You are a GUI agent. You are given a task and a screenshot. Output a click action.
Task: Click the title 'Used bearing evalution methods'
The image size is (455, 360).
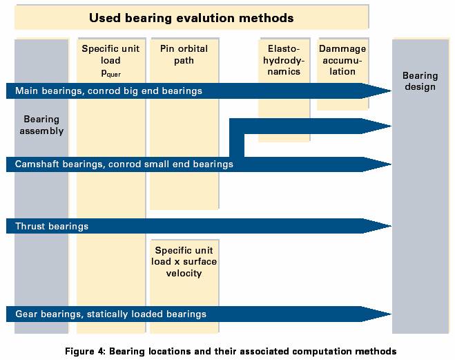click(x=191, y=18)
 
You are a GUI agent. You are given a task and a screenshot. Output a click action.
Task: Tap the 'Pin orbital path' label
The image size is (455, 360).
click(x=184, y=55)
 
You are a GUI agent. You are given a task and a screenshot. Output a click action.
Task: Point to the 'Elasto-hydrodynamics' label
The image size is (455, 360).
click(x=284, y=60)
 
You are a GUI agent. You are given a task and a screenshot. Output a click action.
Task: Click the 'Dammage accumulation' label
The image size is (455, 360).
click(x=342, y=60)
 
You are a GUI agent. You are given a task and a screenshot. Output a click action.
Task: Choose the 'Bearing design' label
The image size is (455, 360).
click(x=420, y=82)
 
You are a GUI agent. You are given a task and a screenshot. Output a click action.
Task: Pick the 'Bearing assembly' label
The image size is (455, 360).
click(x=41, y=125)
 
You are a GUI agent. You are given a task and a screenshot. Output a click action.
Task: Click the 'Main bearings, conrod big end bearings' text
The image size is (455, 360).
click(x=108, y=91)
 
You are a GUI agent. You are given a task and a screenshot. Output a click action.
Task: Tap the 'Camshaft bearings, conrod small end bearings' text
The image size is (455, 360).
click(x=124, y=164)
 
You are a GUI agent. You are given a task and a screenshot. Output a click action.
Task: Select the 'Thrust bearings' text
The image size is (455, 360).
click(x=52, y=226)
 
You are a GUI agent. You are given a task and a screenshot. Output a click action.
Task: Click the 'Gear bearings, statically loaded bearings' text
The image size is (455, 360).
click(x=111, y=314)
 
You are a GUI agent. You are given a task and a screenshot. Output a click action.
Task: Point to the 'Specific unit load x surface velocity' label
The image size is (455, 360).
click(x=184, y=262)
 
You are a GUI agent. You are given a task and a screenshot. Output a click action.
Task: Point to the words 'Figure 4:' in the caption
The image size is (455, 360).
click(x=84, y=351)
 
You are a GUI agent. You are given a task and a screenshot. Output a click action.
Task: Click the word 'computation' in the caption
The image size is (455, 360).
click(x=321, y=352)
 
